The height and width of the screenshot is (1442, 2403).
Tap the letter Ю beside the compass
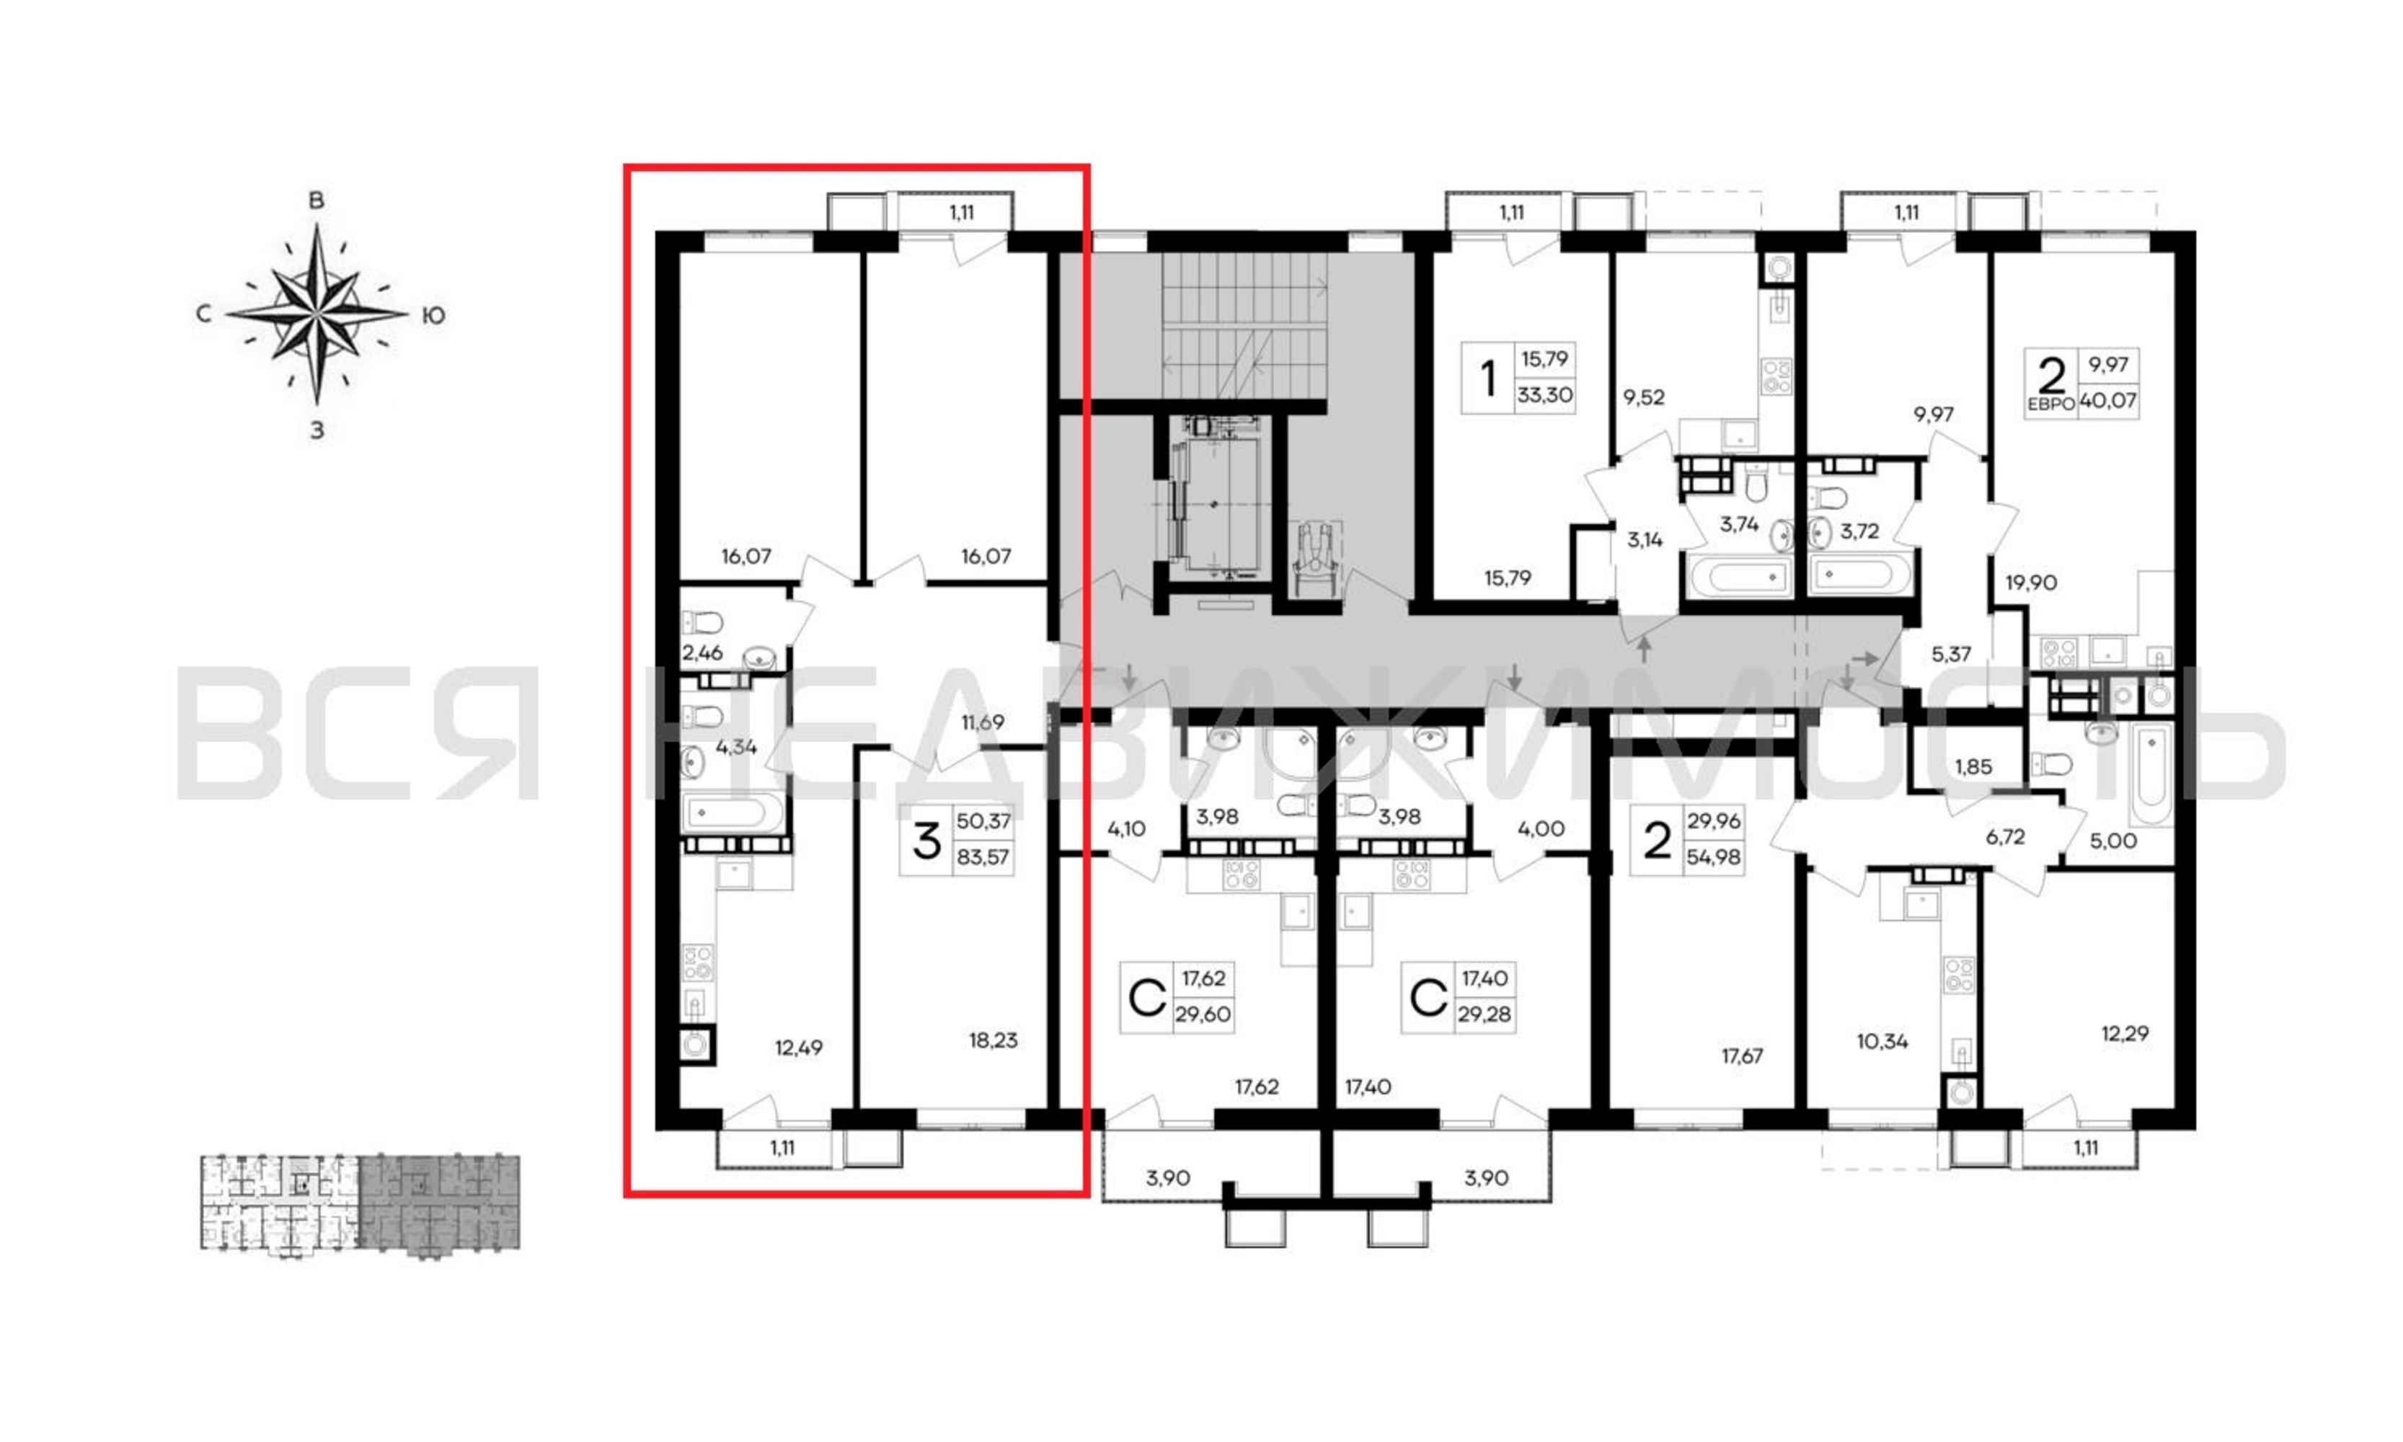(x=433, y=316)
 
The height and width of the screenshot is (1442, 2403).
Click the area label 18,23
(x=993, y=1040)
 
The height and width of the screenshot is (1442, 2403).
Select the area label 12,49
(x=798, y=1048)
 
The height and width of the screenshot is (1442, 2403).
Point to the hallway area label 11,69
(x=983, y=722)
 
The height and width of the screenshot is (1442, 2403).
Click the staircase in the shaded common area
(x=1244, y=325)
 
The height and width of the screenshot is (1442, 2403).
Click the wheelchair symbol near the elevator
(x=1316, y=561)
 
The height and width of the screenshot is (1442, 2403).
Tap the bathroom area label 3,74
(x=1738, y=525)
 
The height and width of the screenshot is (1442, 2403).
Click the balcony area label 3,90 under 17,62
(x=1167, y=1177)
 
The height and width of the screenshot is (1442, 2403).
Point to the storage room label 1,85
(x=1973, y=766)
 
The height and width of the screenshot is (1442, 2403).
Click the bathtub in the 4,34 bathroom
(x=733, y=813)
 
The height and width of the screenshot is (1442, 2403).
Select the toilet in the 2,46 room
(x=704, y=622)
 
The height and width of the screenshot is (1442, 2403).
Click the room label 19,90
(x=2031, y=583)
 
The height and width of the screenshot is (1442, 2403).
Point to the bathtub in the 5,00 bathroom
(x=2151, y=775)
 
